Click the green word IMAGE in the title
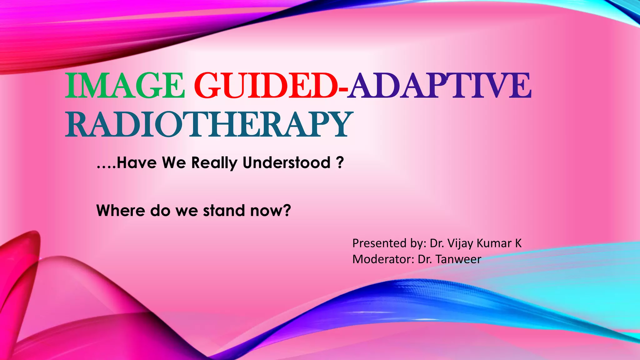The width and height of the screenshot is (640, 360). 124,85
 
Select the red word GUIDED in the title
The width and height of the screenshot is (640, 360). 266,85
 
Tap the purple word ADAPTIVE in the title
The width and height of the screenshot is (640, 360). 440,85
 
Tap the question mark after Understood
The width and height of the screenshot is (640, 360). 340,162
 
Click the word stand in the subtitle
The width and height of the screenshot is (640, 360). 224,210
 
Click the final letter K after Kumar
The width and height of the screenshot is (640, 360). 518,243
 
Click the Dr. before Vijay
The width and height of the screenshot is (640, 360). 437,243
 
